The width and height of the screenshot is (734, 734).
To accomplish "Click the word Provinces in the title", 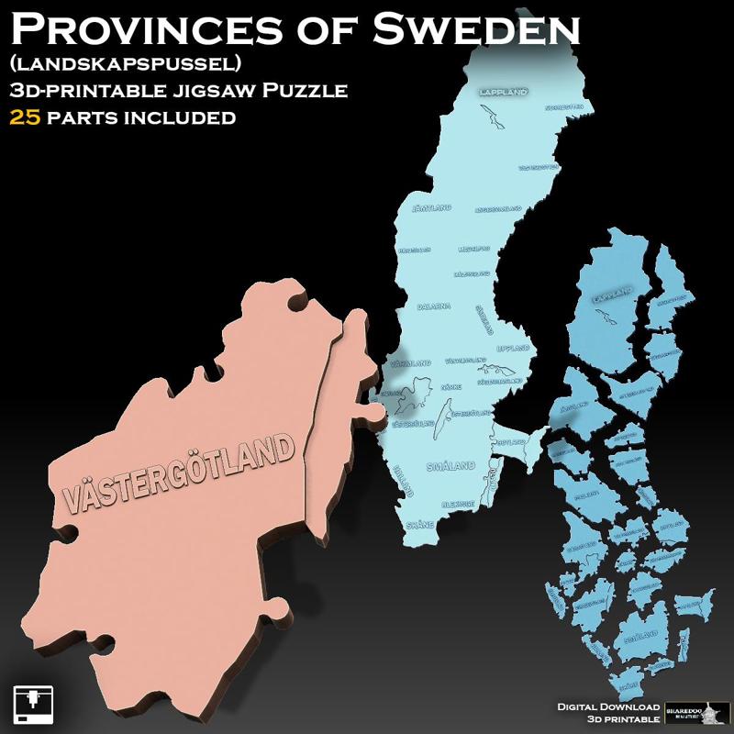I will pyautogui.click(x=156, y=29).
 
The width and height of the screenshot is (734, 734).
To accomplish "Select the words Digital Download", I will pyautogui.click(x=608, y=706).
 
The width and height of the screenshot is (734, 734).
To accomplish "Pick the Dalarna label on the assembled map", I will pyautogui.click(x=433, y=306).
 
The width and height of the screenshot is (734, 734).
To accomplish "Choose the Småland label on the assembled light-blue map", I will pyautogui.click(x=450, y=466).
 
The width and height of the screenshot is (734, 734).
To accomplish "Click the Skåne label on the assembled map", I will pyautogui.click(x=420, y=525).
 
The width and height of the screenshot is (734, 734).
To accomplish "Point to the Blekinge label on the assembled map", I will pyautogui.click(x=462, y=504).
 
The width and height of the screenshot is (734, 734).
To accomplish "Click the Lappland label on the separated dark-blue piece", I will pyautogui.click(x=613, y=295).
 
